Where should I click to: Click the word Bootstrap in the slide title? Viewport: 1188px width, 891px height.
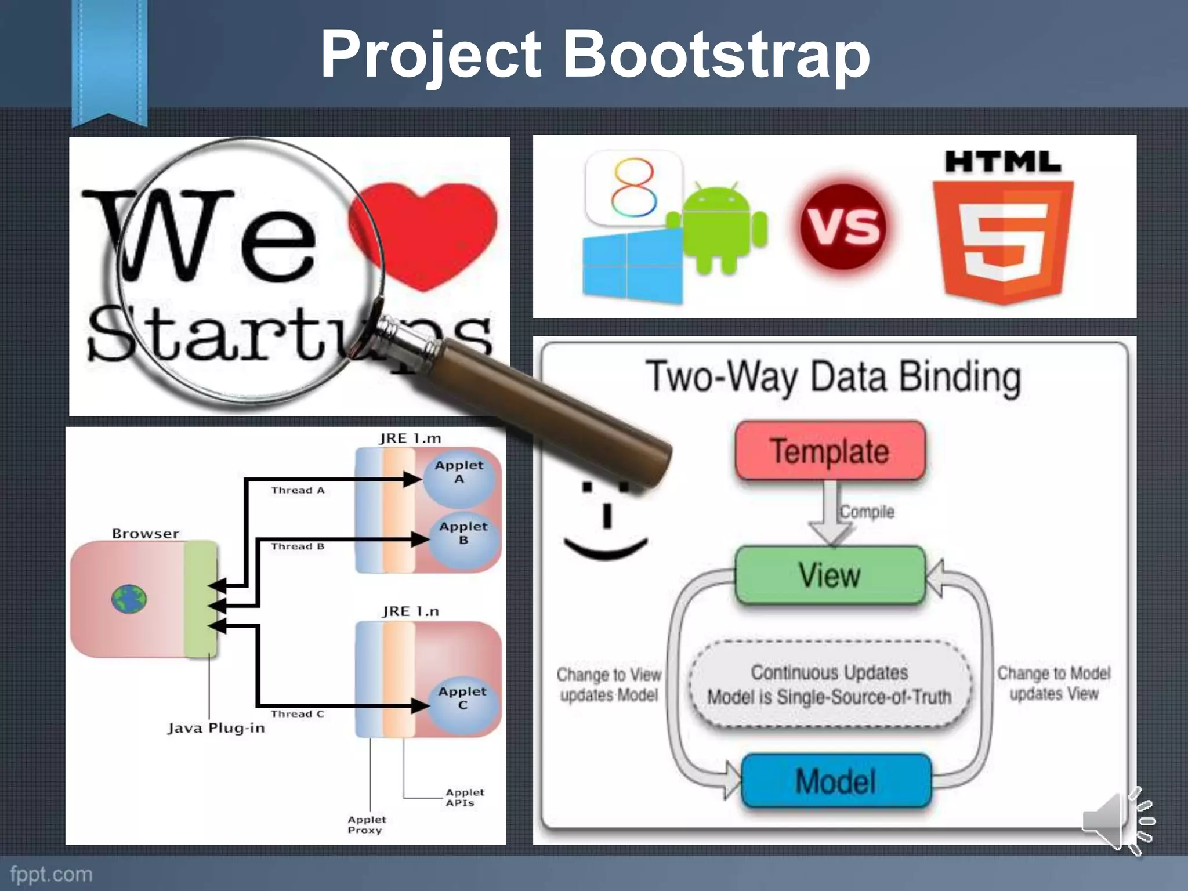click(x=717, y=55)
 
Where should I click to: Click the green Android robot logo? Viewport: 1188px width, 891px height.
click(x=718, y=229)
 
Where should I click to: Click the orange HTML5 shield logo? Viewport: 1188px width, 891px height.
click(x=1003, y=241)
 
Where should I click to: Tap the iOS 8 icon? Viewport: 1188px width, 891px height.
click(x=634, y=187)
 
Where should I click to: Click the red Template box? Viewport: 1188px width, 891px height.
click(x=830, y=451)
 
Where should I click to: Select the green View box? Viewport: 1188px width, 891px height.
click(x=830, y=575)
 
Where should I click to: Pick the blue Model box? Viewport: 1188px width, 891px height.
click(x=836, y=781)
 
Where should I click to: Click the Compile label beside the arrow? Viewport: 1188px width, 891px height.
click(x=867, y=512)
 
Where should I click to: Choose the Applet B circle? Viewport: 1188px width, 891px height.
click(x=463, y=539)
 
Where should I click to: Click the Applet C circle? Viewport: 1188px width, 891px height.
click(x=462, y=704)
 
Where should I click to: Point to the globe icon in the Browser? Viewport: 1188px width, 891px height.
click(x=129, y=599)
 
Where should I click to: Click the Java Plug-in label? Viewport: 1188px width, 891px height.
click(x=216, y=729)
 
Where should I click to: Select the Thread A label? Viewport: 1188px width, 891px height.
click(x=298, y=491)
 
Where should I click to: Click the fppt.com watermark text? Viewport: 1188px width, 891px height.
click(x=51, y=874)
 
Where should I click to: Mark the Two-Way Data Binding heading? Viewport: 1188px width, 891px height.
click(x=833, y=377)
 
